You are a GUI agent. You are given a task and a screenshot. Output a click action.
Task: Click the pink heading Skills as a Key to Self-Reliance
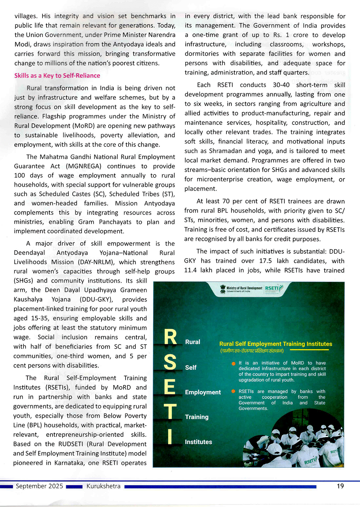pos(57,76)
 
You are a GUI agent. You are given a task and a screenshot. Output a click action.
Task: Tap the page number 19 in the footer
pos(340,486)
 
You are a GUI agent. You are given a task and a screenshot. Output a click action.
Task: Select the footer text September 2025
pos(39,486)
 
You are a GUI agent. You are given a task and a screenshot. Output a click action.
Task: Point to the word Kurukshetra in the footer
pos(103,486)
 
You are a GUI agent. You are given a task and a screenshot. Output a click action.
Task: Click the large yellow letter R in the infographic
pos(170,338)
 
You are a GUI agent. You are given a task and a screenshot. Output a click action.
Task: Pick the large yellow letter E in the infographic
pos(169,387)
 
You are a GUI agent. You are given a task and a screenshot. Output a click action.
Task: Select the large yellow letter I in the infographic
pos(170,436)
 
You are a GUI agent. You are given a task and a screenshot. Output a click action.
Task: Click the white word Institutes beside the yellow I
pos(198,442)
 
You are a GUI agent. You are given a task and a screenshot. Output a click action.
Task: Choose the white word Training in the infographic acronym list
pos(197,417)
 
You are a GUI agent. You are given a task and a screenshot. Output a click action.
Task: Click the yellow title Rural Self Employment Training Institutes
pos(276,344)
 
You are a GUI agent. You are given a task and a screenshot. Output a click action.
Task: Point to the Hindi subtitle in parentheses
pos(252,351)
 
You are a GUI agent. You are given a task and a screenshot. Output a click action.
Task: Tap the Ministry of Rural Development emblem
pos(223,289)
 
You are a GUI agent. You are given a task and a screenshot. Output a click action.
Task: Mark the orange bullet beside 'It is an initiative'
pos(233,363)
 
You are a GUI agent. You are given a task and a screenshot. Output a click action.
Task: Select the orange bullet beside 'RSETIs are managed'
pos(233,391)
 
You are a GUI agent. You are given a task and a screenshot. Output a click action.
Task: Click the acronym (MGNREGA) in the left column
pos(84,166)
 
